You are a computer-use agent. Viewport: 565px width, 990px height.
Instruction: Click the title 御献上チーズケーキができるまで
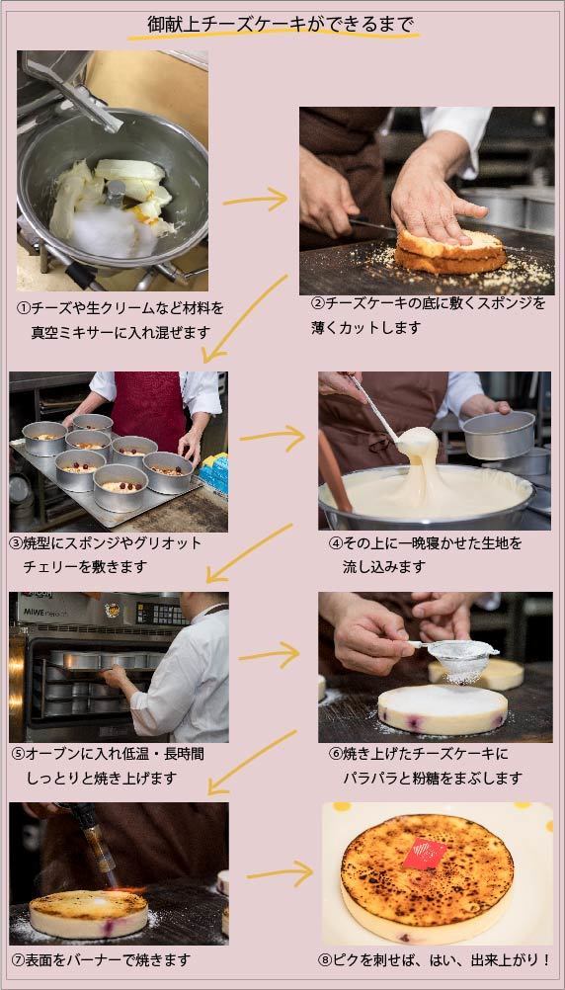click(281, 24)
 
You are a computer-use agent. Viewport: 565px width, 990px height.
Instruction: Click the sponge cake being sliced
click(450, 253)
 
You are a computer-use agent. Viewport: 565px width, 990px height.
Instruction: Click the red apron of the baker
click(148, 410)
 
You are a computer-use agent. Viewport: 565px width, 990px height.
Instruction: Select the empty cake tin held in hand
click(499, 435)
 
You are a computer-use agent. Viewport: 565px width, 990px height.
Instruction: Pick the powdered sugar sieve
click(459, 657)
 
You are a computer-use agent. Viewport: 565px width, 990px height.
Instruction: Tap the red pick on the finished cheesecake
click(424, 853)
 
